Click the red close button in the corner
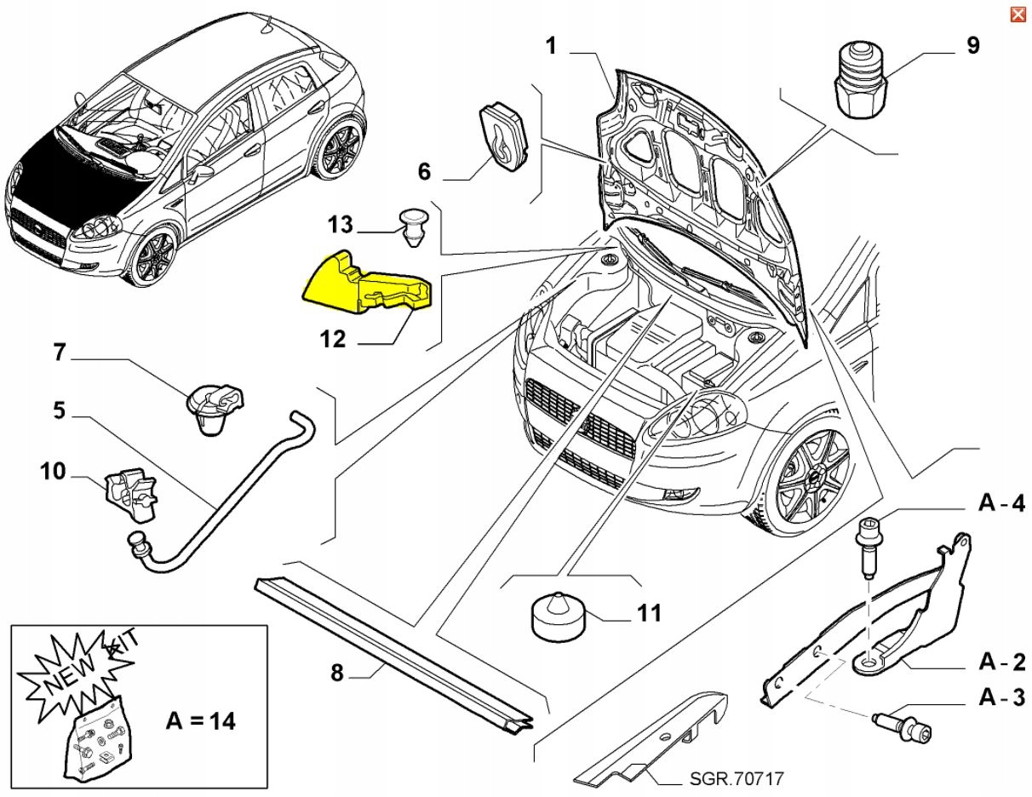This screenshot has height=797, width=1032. coord(1017,14)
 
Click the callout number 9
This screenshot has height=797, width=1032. coord(972,45)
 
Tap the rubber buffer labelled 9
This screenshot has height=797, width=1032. coord(859,82)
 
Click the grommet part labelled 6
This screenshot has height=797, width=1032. coord(501,134)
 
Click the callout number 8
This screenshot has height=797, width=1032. coord(336,673)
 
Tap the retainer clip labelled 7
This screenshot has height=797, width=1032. coord(214,406)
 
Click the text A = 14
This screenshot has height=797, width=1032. coord(200,720)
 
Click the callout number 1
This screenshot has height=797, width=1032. coord(551,45)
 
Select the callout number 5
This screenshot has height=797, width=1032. coord(59,410)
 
